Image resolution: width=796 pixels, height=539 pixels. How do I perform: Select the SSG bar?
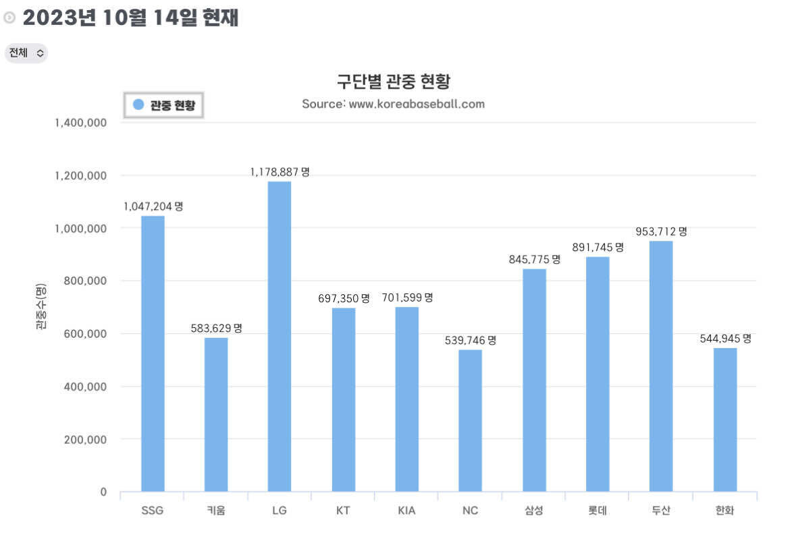tap(153, 353)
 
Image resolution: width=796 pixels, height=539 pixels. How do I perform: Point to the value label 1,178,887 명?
tap(280, 172)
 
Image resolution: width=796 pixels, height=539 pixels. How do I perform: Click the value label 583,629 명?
tap(216, 328)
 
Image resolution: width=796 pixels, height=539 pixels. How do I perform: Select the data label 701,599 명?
tap(407, 297)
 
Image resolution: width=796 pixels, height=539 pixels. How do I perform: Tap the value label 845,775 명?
tap(534, 259)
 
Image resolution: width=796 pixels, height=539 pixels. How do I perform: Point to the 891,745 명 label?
tap(598, 247)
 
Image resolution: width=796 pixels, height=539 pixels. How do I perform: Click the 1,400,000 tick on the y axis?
tap(80, 123)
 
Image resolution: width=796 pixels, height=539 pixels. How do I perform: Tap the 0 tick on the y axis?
tap(103, 492)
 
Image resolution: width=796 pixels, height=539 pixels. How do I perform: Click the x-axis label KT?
tap(343, 511)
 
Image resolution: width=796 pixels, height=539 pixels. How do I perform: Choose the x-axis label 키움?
tap(216, 511)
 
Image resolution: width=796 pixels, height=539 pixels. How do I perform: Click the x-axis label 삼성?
tap(534, 511)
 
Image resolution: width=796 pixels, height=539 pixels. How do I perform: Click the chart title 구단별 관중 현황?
tap(393, 82)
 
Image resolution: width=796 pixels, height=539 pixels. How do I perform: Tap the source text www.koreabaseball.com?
tap(417, 104)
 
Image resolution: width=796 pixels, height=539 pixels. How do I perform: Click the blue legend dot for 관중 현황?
tap(138, 105)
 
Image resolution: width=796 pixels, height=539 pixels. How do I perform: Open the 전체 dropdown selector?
tap(26, 53)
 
